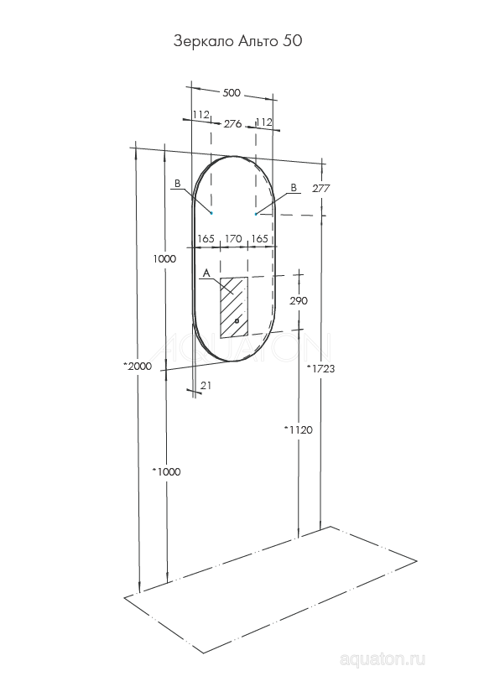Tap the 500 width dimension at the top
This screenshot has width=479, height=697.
(232, 93)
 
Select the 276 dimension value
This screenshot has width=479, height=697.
(232, 123)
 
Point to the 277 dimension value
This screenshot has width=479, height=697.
(320, 189)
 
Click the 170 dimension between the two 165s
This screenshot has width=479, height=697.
(232, 239)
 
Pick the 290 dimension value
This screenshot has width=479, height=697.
(299, 300)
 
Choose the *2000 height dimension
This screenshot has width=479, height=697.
(137, 366)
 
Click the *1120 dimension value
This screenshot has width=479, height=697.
(298, 429)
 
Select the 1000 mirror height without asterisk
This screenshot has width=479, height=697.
(165, 259)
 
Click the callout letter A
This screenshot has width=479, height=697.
(206, 273)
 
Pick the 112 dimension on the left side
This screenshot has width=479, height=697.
(200, 115)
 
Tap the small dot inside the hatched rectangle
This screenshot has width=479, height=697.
(237, 320)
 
